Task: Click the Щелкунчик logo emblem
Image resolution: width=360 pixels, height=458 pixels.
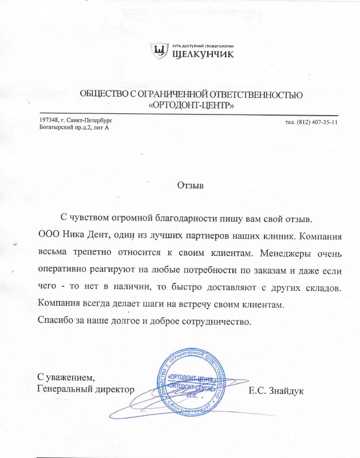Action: pyautogui.click(x=161, y=52)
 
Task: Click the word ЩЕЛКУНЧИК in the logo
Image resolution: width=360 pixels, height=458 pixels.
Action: pyautogui.click(x=203, y=55)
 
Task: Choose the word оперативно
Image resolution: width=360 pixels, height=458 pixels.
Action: pyautogui.click(x=66, y=268)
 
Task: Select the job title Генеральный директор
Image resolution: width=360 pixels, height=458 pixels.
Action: pyautogui.click(x=85, y=389)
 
